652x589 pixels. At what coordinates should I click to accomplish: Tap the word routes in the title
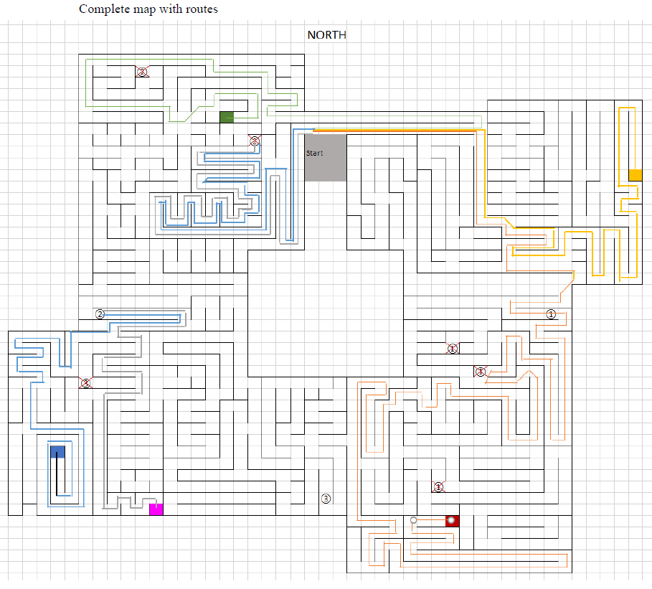point(201,9)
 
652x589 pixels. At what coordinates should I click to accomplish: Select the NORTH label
point(326,34)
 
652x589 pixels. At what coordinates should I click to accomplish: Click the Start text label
point(314,154)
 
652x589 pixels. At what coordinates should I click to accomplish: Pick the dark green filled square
point(227,118)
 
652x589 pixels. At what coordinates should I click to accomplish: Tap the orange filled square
point(635,174)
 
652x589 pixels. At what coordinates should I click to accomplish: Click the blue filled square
point(57,451)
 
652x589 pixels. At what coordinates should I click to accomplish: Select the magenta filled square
point(156,509)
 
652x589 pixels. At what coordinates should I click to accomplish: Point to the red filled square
point(452,521)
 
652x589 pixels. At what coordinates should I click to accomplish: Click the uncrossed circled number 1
point(551,314)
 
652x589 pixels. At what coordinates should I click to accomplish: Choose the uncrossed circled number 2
point(100,314)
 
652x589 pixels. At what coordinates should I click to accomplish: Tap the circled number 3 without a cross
point(326,499)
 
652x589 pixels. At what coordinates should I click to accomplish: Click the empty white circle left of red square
point(413,520)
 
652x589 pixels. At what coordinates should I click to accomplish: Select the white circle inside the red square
point(451,520)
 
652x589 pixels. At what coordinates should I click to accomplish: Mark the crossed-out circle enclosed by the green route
point(142,72)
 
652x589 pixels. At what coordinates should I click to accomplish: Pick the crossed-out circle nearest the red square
point(438,486)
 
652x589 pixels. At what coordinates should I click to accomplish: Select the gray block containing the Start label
point(325,158)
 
